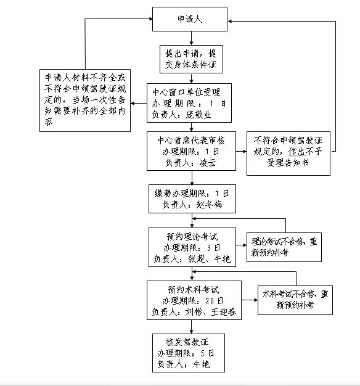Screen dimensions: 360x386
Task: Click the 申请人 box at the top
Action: point(190,19)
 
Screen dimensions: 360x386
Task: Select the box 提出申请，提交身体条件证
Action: point(191,59)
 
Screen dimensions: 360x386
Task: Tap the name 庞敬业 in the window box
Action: point(198,115)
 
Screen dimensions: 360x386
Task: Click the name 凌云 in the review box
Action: point(208,162)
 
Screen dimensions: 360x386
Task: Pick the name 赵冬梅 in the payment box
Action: point(209,204)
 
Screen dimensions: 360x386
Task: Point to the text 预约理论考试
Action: point(192,237)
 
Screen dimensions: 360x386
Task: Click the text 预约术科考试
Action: point(194,290)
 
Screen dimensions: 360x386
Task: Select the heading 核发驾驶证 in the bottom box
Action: point(187,342)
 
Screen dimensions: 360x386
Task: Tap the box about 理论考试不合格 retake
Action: point(284,247)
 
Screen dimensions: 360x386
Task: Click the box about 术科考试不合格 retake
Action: point(295,300)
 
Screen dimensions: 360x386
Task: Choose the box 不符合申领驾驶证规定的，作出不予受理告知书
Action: point(288,154)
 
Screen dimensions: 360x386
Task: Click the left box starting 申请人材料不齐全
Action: point(85,101)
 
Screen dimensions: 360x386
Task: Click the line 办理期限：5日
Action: point(186,353)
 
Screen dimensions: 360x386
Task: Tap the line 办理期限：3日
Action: point(192,248)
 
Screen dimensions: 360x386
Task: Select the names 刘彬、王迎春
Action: point(210,312)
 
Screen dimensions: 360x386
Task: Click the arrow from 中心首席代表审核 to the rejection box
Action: point(241,151)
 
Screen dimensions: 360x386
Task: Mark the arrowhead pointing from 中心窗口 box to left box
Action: point(132,104)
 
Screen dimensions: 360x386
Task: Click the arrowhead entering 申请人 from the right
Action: point(229,22)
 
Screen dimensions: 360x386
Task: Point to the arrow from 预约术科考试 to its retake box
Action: point(250,300)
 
